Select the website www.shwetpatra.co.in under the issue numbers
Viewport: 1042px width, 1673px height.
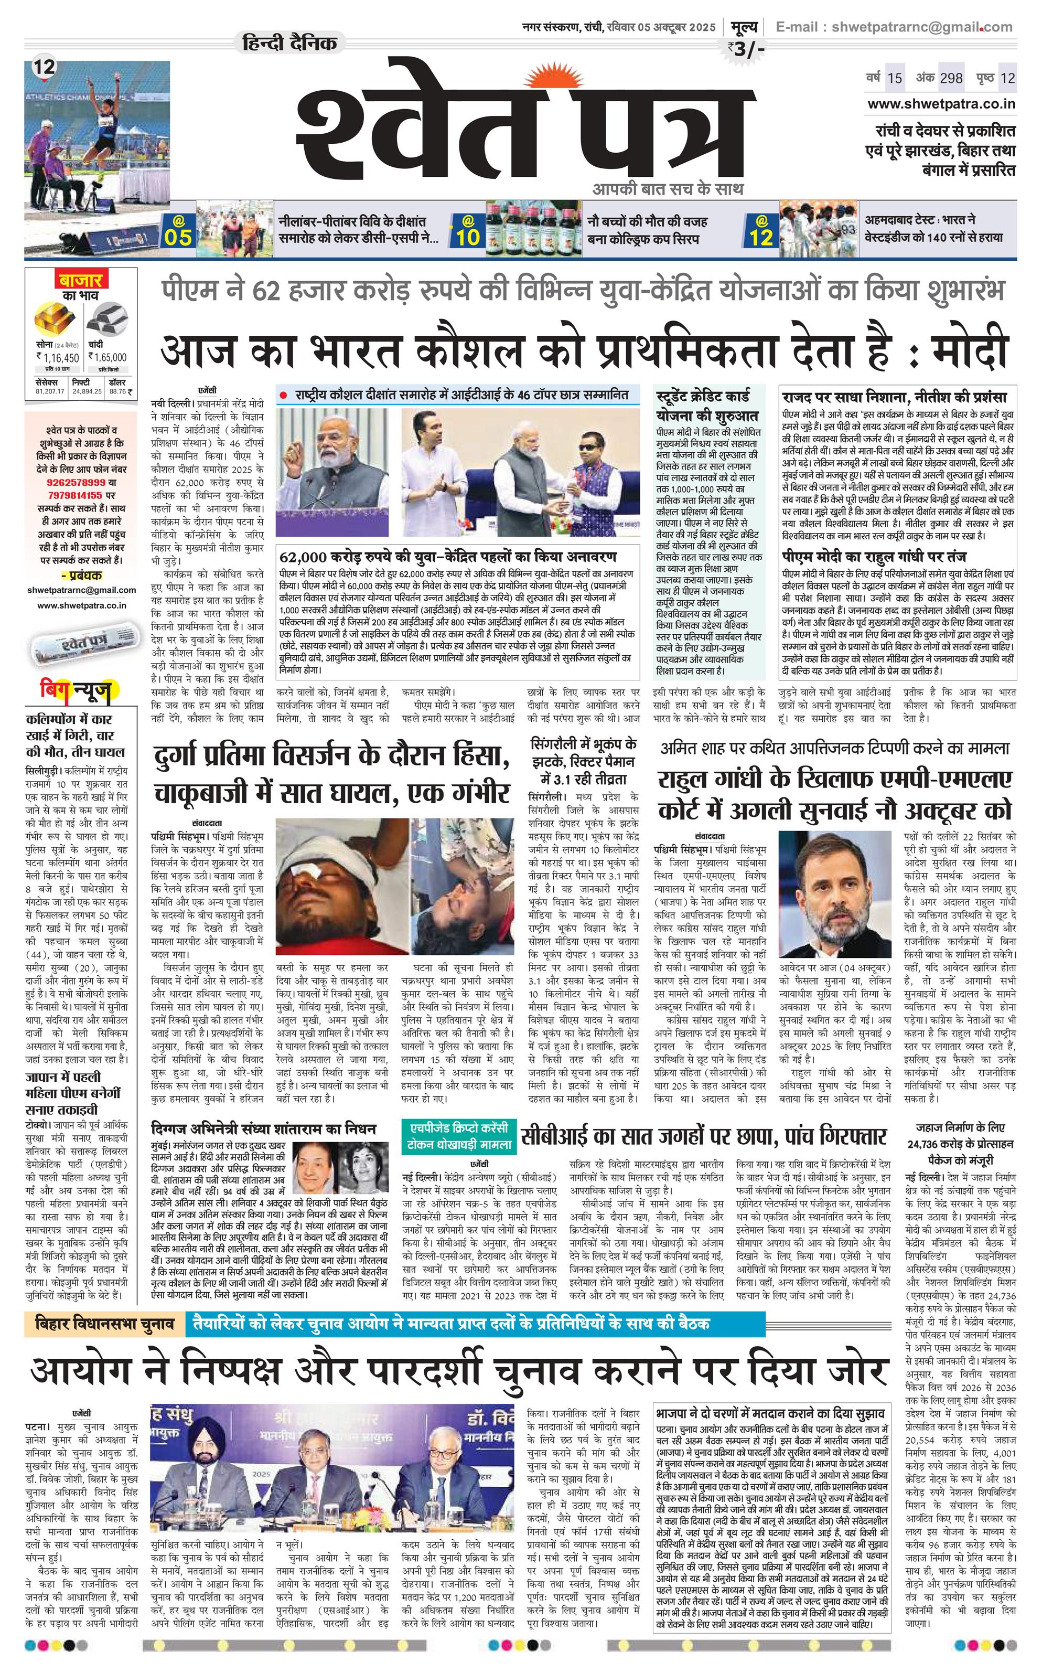(x=941, y=104)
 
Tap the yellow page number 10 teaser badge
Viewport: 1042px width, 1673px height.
(x=467, y=231)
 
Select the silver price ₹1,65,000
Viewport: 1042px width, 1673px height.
(x=107, y=358)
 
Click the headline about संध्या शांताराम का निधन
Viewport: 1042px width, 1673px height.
(x=264, y=1128)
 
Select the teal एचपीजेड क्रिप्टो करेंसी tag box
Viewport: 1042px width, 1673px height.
(x=458, y=1136)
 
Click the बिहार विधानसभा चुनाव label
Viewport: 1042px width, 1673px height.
(x=105, y=1324)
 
